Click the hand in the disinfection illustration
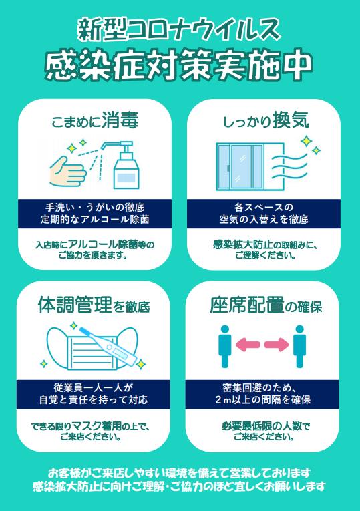67,171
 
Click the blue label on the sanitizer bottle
126,178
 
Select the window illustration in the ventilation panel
250,167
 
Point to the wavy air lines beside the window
290,167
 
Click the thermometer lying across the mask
108,346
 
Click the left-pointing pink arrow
248,345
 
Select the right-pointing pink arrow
277,345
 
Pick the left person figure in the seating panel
225,346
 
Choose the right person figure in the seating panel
299,346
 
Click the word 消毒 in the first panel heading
120,120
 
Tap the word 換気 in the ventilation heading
291,120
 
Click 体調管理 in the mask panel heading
75,305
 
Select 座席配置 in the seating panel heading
247,305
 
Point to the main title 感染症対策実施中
178,65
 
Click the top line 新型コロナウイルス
179,29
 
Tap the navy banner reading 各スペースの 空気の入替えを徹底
264,214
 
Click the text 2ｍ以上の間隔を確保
262,400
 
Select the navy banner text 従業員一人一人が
94,388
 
